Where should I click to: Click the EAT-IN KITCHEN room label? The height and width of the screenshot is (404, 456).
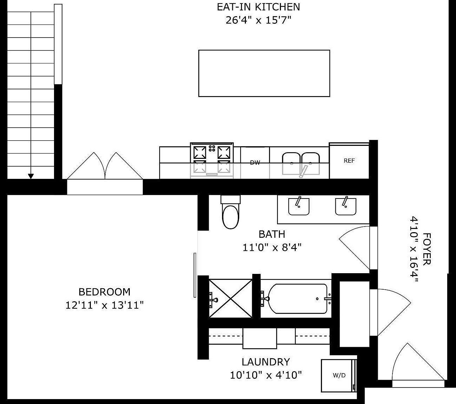click(259, 7)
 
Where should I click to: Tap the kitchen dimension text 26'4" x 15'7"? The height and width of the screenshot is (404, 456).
click(259, 20)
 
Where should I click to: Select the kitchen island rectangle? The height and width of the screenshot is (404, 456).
click(264, 73)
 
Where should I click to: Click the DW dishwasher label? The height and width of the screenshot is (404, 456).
click(255, 163)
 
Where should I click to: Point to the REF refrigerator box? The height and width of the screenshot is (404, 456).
click(349, 161)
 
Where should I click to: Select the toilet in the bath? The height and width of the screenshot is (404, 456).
click(230, 214)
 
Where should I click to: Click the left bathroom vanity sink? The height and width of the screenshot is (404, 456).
click(299, 207)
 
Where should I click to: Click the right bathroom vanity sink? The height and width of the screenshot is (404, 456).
click(346, 207)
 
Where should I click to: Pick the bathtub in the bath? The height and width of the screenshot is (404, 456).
click(298, 299)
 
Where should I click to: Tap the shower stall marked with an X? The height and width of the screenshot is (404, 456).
click(230, 299)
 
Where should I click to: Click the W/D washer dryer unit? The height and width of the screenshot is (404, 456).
click(338, 375)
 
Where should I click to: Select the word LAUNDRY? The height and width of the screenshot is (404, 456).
click(266, 362)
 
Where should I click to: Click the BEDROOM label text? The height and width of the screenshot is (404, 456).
click(105, 292)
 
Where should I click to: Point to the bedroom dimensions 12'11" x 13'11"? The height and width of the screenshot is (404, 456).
click(105, 305)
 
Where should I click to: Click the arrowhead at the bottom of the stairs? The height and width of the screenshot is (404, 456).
click(31, 176)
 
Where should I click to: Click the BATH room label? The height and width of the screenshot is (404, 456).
click(272, 234)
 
